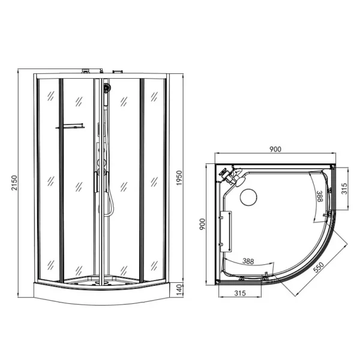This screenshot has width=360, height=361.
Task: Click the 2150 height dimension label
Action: point(14,183)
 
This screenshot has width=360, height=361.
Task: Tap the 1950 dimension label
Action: point(179,178)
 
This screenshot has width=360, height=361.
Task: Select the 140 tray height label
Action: point(179,290)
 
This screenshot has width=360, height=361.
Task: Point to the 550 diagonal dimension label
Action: point(319,267)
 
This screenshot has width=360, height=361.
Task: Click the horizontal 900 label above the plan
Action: point(275,149)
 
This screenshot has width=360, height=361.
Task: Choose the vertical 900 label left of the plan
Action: point(202,224)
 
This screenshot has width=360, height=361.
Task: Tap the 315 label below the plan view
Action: point(240,293)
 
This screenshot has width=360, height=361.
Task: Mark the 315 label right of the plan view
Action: point(344,189)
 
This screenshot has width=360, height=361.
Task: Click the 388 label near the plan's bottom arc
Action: point(248,261)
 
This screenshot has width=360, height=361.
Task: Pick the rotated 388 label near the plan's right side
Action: point(320,196)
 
